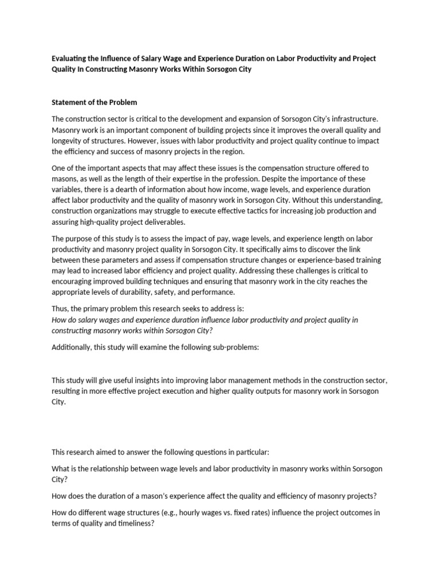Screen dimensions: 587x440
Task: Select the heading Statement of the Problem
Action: (95, 103)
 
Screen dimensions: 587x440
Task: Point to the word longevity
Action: (69, 140)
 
